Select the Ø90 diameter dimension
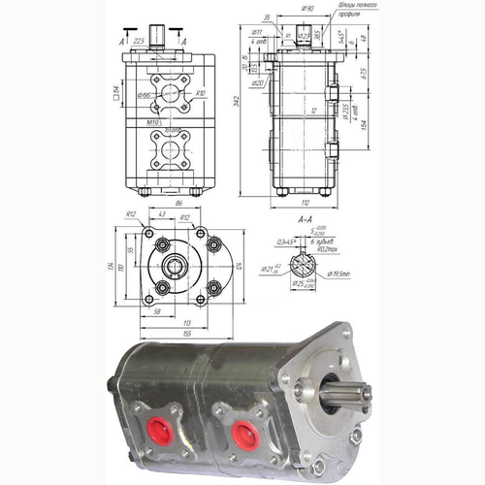click(x=307, y=9)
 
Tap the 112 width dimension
click(x=307, y=203)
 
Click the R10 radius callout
click(x=201, y=93)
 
